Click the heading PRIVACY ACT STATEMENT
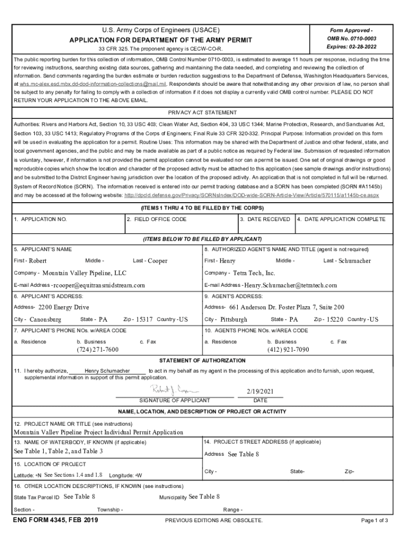(202, 113)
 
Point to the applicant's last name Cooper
(157, 261)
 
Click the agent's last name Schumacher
(355, 261)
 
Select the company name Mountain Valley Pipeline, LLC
(84, 273)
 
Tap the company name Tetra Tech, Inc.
(254, 273)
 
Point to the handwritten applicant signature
(174, 390)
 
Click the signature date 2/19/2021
(260, 391)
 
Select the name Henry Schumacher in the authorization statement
(107, 371)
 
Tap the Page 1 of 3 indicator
(374, 521)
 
